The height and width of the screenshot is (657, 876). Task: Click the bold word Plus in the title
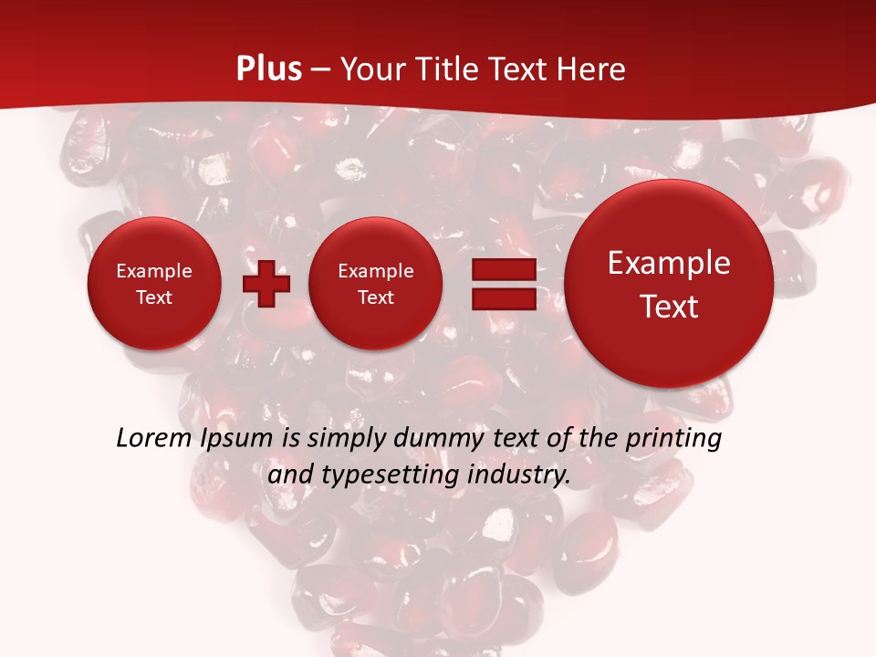pos(269,69)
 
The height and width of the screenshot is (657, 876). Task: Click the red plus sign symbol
pos(266,284)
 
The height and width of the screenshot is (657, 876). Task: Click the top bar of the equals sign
pos(503,269)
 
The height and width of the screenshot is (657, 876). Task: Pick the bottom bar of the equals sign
pos(503,298)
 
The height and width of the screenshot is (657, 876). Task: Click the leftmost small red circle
pos(154,284)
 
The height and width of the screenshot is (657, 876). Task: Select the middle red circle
pos(375,284)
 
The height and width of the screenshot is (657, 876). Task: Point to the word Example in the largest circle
pos(669,263)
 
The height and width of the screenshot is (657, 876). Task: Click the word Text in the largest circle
pos(669,307)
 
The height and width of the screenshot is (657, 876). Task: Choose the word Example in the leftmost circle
pos(154,271)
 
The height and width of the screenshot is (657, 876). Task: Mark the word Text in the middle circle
pos(375,297)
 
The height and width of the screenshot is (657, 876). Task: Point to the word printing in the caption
pos(674,439)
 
